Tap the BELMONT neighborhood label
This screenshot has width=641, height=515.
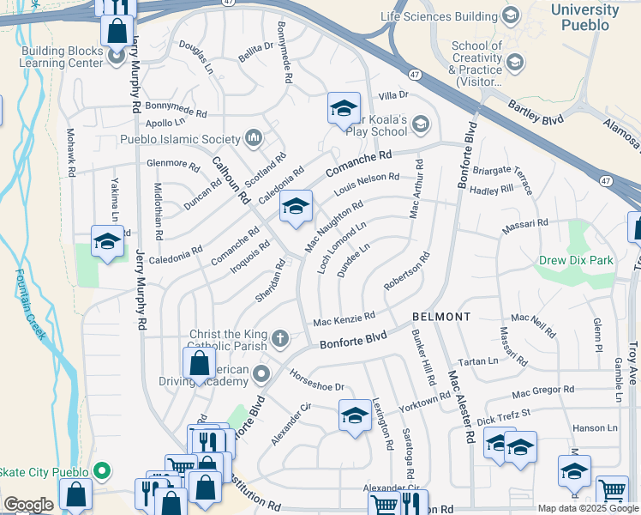(440, 317)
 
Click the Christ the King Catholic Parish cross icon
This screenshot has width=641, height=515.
(279, 339)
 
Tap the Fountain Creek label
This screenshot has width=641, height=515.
(29, 306)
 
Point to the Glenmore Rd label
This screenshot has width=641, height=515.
(173, 163)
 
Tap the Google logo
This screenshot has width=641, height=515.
(28, 505)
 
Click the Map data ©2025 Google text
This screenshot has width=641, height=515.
(588, 508)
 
